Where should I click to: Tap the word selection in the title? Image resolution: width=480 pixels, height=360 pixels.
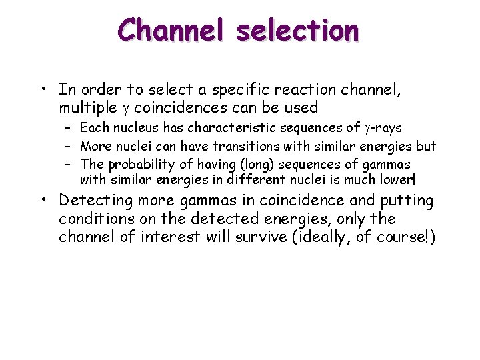pyautogui.click(x=304, y=30)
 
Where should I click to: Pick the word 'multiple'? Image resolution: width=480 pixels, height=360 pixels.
pyautogui.click(x=85, y=107)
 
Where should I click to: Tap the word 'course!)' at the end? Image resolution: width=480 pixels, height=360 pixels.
pyautogui.click(x=410, y=237)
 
